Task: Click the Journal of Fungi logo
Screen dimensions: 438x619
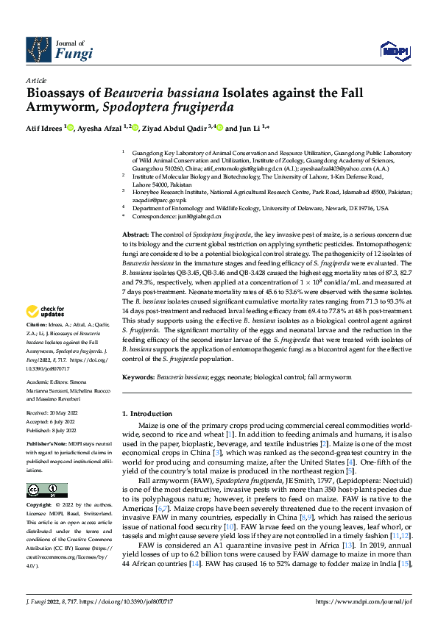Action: coord(59,49)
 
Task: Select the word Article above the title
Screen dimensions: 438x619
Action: coord(36,80)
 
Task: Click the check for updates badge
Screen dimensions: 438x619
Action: coord(46,333)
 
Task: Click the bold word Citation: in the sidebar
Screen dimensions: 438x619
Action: coord(37,344)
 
